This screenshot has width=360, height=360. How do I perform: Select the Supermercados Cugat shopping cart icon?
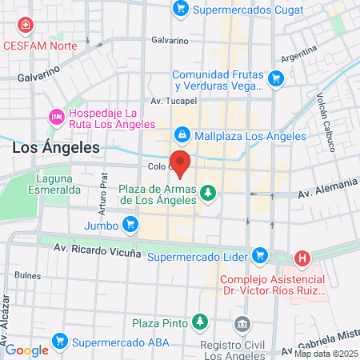click(181, 10)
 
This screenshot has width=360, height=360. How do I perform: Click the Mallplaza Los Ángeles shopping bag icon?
click(183, 134)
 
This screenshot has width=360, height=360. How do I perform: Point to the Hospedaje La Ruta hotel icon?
click(56, 117)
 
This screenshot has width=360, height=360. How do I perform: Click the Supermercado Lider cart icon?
click(259, 256)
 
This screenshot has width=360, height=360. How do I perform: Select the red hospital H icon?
click(302, 258)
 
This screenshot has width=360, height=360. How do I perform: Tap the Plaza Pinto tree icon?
click(200, 322)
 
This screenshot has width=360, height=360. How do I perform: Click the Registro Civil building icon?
click(242, 324)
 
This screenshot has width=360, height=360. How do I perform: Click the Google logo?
click(26, 350)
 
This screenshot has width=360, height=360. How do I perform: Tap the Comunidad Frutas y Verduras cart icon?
click(276, 78)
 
